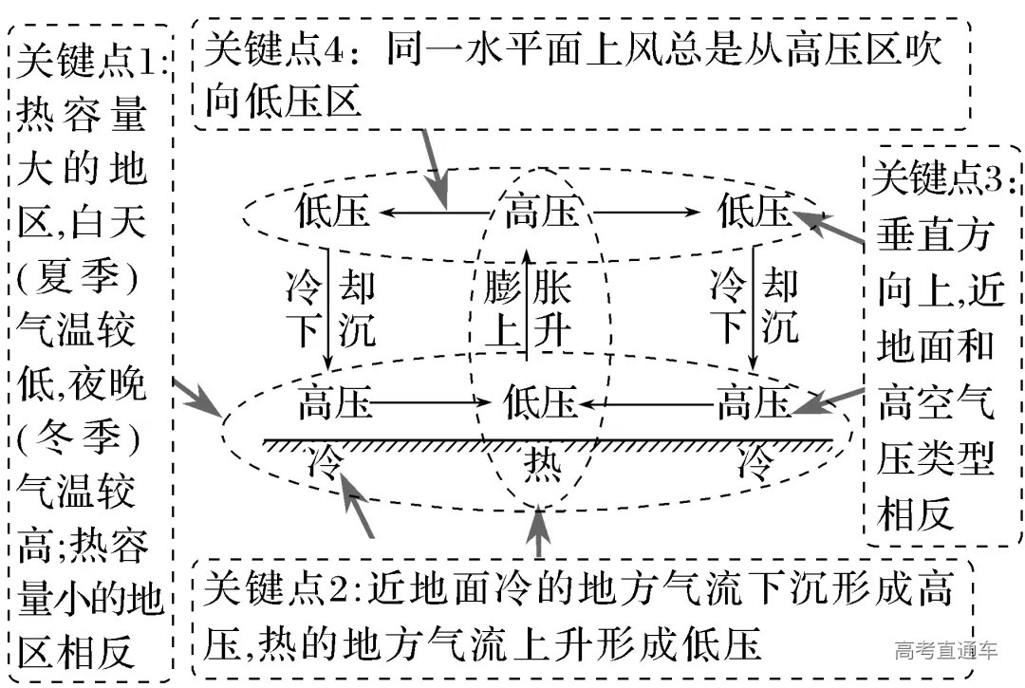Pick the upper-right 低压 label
click(754, 212)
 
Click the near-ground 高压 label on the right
click(754, 403)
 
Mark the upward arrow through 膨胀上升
click(528, 304)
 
